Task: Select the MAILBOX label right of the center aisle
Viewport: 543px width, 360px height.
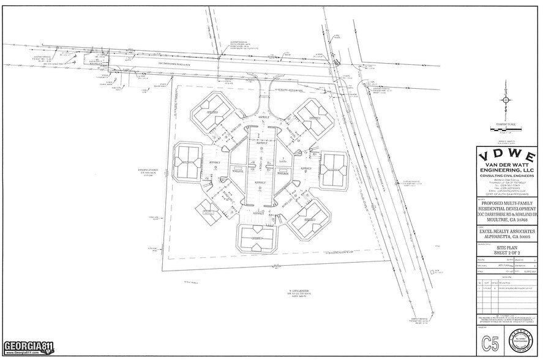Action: click(x=282, y=173)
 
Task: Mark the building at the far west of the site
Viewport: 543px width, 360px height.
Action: click(x=187, y=162)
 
